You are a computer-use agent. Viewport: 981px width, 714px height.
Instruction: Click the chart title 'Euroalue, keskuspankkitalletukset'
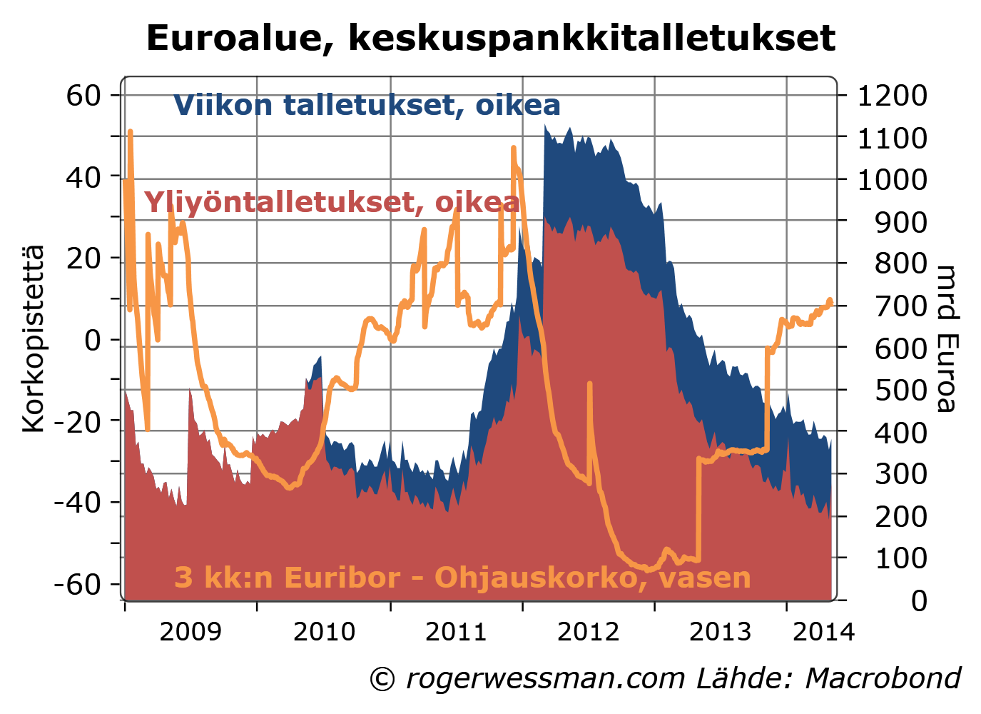coord(490,38)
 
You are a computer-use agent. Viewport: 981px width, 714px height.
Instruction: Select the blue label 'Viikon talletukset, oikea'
coord(367,105)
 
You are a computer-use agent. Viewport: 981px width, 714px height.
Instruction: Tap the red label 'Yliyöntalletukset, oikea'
coord(332,202)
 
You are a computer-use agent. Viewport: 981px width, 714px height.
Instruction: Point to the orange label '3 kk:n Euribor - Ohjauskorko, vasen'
coord(462,577)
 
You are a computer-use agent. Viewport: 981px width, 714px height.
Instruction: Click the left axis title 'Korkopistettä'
coord(33,338)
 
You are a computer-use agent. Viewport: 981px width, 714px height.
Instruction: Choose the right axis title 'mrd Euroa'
coord(947,338)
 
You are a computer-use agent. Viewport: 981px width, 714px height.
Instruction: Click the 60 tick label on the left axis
coord(83,95)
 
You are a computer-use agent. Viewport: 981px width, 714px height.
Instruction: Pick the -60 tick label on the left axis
coord(77,584)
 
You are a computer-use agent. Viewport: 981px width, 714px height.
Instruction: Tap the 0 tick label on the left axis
coord(93,340)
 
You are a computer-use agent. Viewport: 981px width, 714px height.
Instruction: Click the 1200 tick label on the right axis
coord(892,95)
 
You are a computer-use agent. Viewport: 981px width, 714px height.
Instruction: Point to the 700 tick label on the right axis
coord(901,306)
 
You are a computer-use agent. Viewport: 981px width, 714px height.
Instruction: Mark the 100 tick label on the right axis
coord(901,558)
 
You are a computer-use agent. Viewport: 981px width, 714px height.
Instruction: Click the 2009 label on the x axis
coord(190,632)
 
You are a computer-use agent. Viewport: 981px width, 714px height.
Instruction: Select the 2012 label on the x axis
coord(588,632)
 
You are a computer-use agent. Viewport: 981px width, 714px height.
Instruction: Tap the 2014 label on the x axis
coord(823,632)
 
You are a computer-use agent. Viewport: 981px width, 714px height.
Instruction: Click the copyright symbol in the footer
coord(382,679)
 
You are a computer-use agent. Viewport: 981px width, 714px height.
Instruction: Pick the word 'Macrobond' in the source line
coord(883,678)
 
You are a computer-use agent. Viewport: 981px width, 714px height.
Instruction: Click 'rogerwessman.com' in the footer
coord(546,678)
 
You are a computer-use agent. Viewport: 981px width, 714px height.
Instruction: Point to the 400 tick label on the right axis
coord(901,432)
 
